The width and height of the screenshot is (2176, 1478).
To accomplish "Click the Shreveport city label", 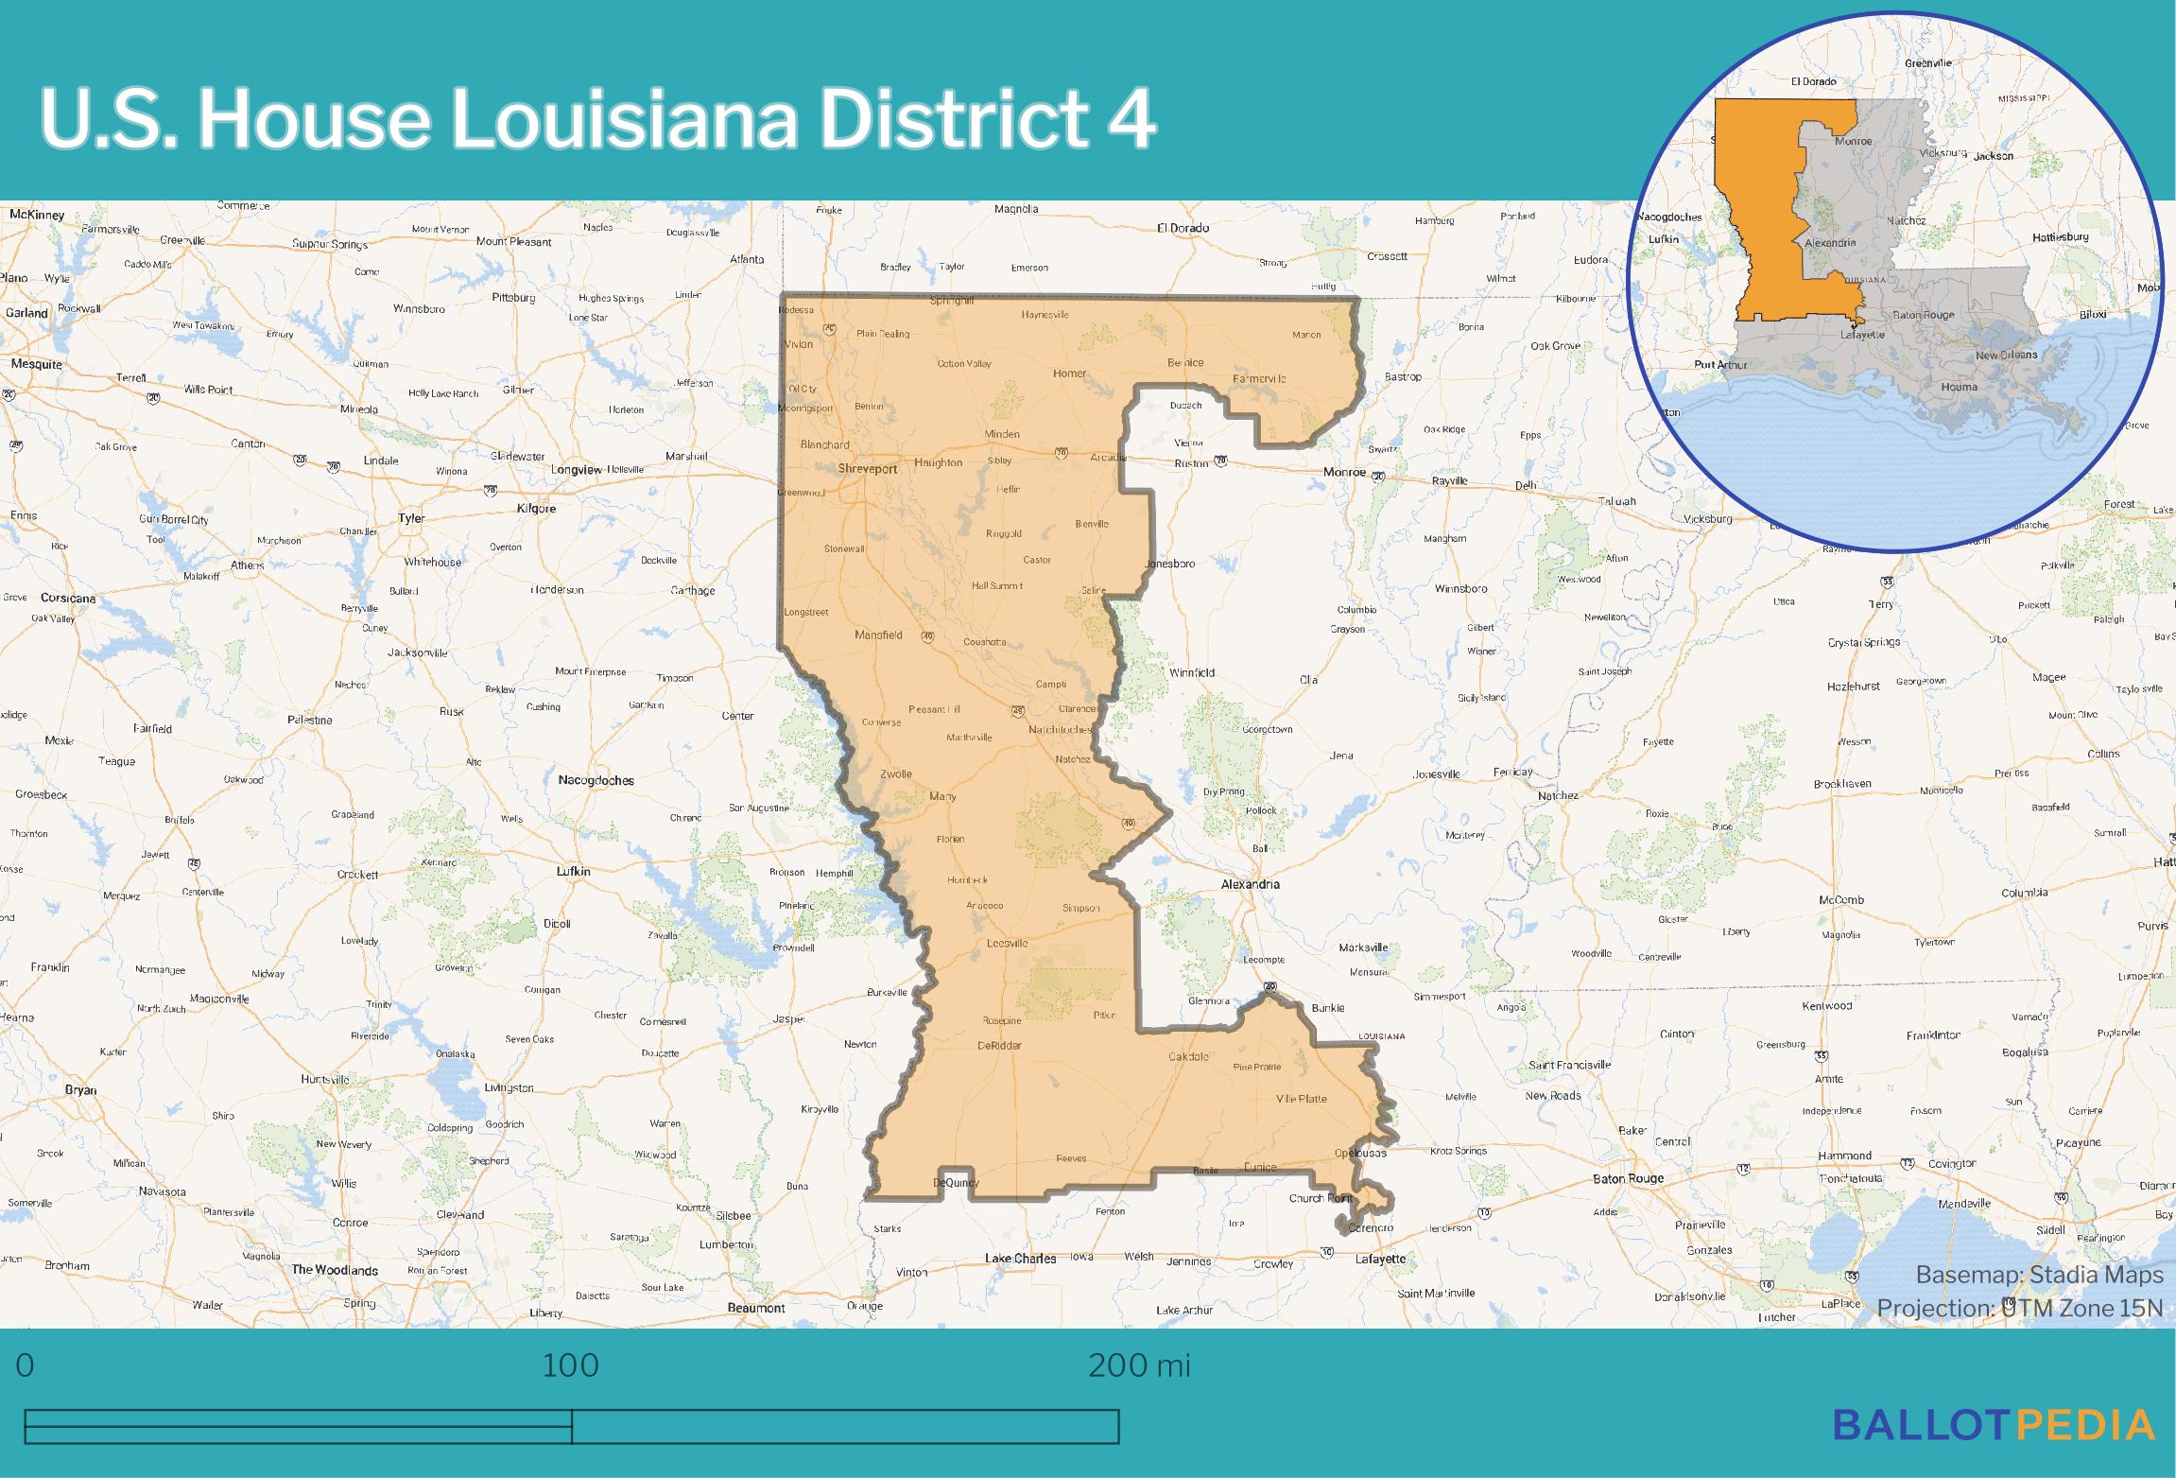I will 867,468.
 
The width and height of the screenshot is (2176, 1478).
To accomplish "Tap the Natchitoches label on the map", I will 1060,729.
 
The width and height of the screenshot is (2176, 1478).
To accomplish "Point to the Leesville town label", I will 1007,944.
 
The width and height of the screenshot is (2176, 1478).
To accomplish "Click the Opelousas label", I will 1360,1153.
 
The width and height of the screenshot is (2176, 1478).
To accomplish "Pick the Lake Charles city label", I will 1020,1259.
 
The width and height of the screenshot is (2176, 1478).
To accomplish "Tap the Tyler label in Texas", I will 411,518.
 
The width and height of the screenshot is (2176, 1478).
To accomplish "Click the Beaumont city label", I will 756,1308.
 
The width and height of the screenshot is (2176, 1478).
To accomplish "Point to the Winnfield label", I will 1191,673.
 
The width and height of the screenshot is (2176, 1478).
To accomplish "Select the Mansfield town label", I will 878,635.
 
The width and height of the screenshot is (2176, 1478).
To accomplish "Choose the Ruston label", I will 1191,463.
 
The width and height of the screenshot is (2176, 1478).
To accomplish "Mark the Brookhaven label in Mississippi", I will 1842,784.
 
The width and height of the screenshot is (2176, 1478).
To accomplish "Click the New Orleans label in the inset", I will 2006,355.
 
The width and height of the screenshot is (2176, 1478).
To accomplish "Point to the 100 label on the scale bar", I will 571,1365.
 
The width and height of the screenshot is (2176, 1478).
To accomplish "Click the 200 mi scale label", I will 1139,1365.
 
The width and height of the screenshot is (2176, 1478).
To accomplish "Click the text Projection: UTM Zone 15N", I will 2019,1308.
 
